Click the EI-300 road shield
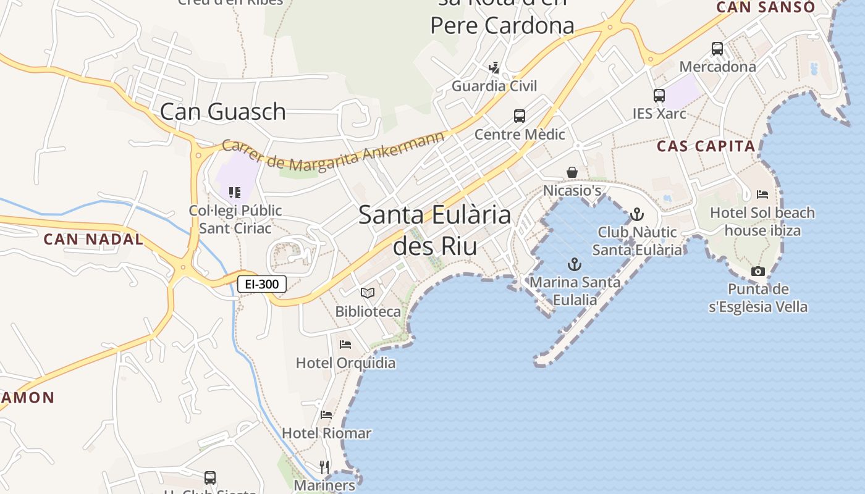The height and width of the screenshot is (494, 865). point(262,284)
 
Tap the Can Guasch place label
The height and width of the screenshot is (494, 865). point(222,112)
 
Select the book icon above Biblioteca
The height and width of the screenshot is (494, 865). point(368,293)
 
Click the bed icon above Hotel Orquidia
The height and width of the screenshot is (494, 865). point(345,344)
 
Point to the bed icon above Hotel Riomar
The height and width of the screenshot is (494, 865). point(326,414)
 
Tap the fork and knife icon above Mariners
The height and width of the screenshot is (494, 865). point(324,466)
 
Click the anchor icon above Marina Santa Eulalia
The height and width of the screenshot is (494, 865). point(575,264)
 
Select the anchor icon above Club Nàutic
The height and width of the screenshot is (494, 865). point(636,214)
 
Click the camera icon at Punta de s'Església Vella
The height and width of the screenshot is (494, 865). point(758,271)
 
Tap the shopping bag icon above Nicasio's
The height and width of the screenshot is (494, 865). point(572,172)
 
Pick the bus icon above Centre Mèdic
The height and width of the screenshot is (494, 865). point(520,115)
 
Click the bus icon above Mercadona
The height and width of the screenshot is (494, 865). point(717,48)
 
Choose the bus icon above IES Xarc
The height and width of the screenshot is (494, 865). point(659,95)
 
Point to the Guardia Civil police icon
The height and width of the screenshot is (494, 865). point(494,67)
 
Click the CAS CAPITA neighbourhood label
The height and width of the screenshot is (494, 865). point(706,146)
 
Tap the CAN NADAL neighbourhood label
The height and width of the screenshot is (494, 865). point(93,239)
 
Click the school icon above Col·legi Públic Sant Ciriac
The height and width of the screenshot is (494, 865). point(234,193)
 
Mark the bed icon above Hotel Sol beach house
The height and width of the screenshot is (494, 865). point(762,195)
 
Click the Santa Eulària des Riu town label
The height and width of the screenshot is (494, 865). point(435,230)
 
